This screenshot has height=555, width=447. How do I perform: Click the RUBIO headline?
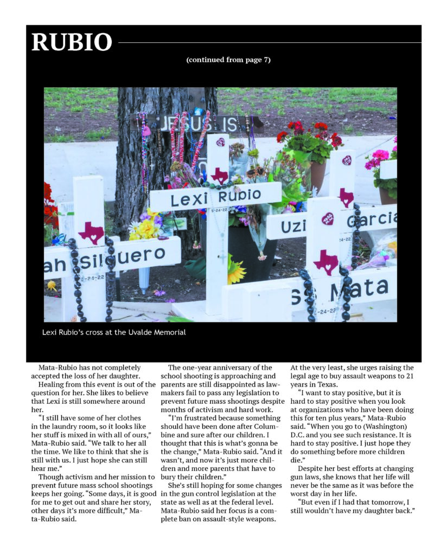pyautogui.click(x=72, y=42)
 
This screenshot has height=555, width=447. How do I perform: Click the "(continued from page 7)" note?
pyautogui.click(x=228, y=60)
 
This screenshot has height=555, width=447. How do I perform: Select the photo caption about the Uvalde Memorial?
pyautogui.click(x=114, y=332)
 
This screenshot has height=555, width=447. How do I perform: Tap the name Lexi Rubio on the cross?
pyautogui.click(x=215, y=197)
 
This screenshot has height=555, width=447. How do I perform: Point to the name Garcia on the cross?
pyautogui.click(x=372, y=220)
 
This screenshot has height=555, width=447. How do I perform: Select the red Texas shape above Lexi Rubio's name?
pyautogui.click(x=219, y=175)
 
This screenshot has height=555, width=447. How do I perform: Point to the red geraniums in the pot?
pyautogui.click(x=309, y=135)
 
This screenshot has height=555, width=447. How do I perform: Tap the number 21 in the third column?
pyautogui.click(x=410, y=376)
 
